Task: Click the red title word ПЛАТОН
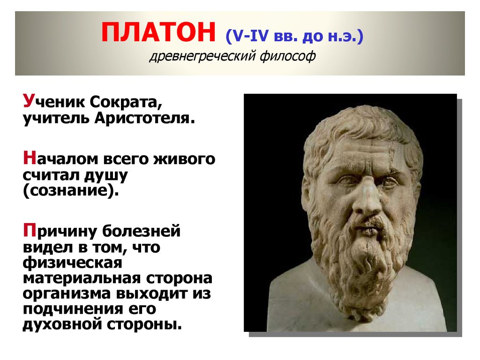[158, 32]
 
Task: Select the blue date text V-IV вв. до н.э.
[294, 36]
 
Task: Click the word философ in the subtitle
[288, 56]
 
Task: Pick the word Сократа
[126, 102]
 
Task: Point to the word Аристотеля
[144, 118]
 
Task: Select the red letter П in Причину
[30, 230]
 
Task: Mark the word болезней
[141, 231]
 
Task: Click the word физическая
[73, 262]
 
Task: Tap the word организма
[67, 294]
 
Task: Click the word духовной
[63, 324]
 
